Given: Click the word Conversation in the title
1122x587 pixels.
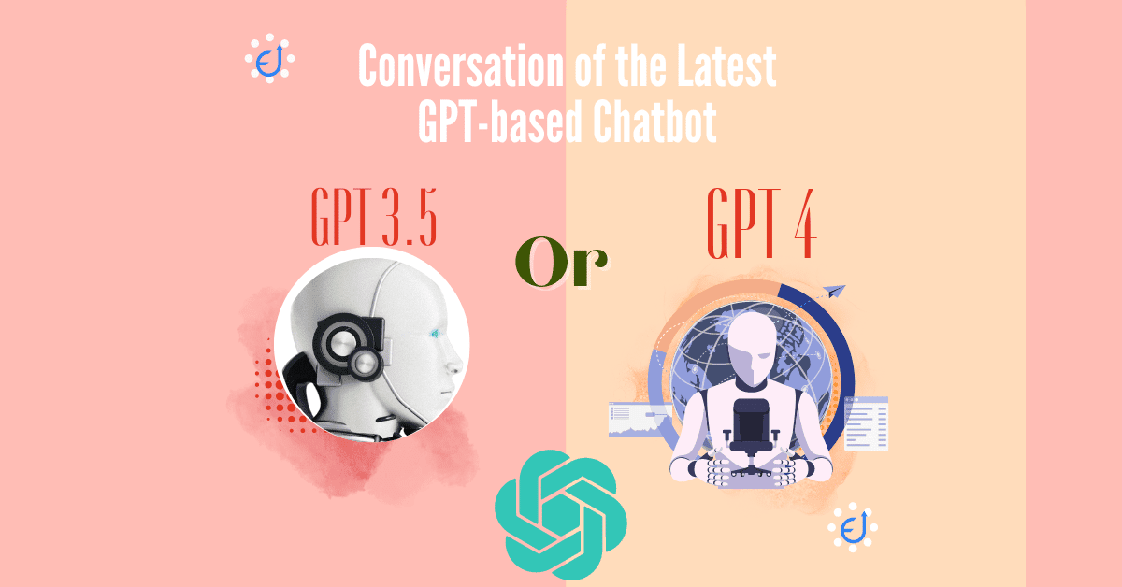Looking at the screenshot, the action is (x=461, y=65).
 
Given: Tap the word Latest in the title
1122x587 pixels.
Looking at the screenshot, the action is (x=726, y=65).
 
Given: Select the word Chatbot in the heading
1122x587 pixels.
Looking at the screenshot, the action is (x=654, y=122).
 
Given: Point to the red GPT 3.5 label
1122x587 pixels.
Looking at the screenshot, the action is (x=374, y=216).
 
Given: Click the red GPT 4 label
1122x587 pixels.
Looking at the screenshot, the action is (x=761, y=222).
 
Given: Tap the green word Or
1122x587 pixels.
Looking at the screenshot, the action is (x=562, y=262).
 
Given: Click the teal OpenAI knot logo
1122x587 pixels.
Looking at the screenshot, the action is (x=560, y=515).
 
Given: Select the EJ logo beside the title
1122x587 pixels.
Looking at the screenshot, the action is (x=269, y=58).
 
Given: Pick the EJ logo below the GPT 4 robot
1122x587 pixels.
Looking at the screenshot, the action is (x=853, y=527).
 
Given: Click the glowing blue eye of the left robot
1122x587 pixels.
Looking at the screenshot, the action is (x=435, y=334).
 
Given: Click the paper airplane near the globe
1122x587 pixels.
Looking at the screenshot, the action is (x=833, y=291).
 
